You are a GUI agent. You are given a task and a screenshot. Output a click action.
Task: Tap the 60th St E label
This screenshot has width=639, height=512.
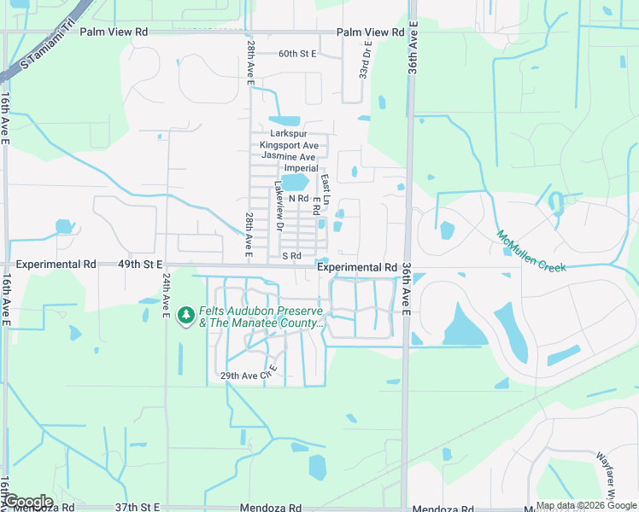tap(297, 54)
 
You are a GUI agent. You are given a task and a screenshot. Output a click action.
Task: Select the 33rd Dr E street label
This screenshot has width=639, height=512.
tap(366, 60)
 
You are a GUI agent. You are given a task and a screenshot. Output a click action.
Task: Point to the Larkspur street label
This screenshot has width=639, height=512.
tap(288, 134)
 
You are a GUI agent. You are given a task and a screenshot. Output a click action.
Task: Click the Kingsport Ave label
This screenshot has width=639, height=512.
tap(289, 146)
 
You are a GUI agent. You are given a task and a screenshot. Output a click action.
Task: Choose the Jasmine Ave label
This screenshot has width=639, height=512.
tap(289, 157)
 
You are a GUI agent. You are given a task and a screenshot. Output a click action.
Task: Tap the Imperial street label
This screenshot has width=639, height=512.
tap(301, 168)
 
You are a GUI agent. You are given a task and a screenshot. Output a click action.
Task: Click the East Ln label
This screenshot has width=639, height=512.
tap(325, 184)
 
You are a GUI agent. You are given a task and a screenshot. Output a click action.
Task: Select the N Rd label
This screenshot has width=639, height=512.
tap(297, 199)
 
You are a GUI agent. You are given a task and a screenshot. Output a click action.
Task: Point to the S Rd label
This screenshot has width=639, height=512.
tap(291, 256)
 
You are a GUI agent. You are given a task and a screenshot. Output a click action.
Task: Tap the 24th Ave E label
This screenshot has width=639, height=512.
tap(166, 294)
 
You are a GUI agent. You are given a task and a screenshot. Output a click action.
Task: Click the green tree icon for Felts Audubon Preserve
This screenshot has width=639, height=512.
tap(185, 317)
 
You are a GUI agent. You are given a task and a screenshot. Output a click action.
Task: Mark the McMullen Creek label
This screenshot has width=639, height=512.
tap(531, 251)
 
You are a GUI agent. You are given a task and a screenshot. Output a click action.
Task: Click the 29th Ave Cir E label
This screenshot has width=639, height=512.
tap(250, 375)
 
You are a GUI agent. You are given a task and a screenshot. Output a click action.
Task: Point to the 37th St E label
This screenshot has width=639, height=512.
tap(138, 507)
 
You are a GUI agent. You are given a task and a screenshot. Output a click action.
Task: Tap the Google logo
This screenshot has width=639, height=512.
tap(28, 502)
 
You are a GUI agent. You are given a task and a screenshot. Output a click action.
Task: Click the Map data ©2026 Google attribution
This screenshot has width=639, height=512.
tap(586, 505)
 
